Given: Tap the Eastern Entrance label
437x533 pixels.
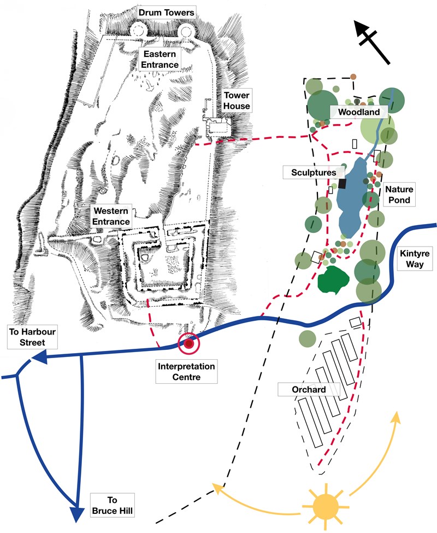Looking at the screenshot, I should tap(161, 60).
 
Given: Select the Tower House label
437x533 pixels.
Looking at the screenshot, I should tap(237, 101).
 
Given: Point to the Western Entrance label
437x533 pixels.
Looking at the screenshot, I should tap(111, 216).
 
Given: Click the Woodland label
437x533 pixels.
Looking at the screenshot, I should tap(358, 112).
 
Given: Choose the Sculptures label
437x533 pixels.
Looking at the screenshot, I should tap(309, 173).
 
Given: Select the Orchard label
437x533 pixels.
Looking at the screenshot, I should tap(309, 390).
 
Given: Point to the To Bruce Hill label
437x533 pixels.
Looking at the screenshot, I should tap(112, 505).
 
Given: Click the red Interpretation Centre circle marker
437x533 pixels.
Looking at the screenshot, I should tap(189, 343).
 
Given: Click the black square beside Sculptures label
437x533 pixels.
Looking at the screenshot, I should tap(342, 184).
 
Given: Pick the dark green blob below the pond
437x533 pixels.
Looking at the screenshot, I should tap(333, 280).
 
